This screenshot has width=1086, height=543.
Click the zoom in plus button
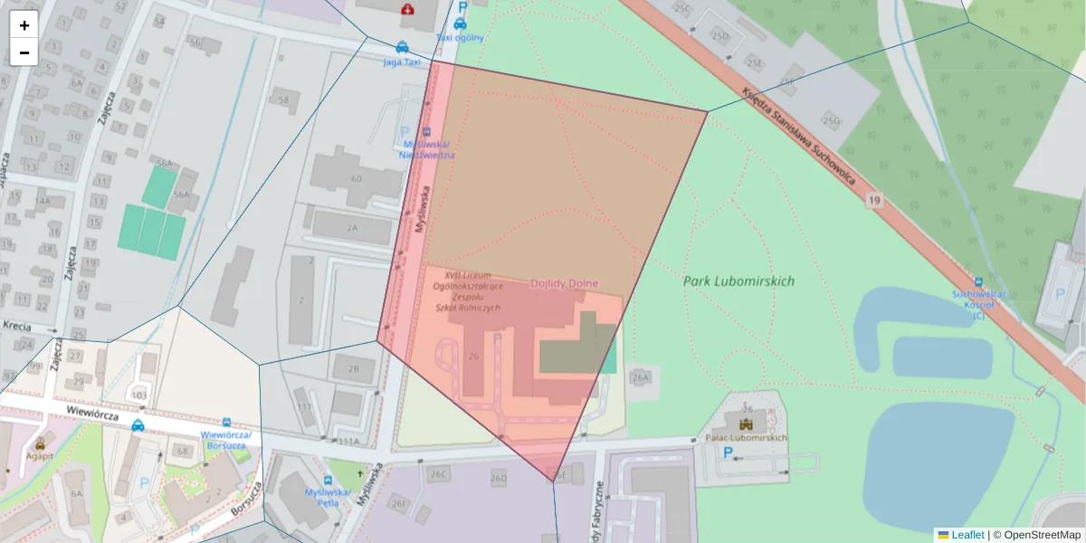click(24, 25)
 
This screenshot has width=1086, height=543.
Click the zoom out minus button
click(24, 52)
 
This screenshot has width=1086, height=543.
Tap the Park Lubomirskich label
click(738, 281)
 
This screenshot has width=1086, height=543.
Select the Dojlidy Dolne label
click(564, 283)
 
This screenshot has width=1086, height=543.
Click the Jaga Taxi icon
click(402, 48)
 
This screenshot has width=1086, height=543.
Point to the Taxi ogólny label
click(460, 38)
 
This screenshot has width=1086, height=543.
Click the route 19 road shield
click(872, 199)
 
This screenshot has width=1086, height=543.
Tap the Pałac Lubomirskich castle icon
click(747, 424)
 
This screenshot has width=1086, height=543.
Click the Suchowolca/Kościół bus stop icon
click(978, 281)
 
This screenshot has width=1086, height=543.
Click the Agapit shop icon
click(40, 443)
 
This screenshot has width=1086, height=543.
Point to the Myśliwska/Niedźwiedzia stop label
click(427, 149)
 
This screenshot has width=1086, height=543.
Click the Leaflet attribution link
click(967, 535)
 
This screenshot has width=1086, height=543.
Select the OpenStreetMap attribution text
click(1042, 535)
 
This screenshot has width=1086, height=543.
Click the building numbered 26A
click(642, 377)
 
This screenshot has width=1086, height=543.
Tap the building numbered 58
click(285, 100)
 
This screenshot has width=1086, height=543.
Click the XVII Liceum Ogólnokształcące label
click(468, 291)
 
